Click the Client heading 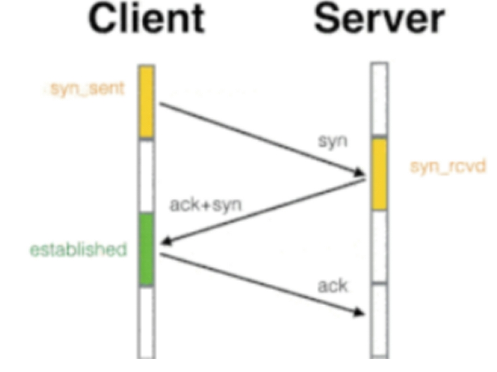[x=149, y=21]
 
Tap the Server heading [x=380, y=21]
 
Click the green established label [x=78, y=250]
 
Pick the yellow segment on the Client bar [x=147, y=102]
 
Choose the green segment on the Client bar [x=147, y=249]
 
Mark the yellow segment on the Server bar [x=379, y=174]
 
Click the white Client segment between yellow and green [x=147, y=176]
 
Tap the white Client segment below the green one [x=147, y=320]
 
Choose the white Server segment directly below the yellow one [x=379, y=246]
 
